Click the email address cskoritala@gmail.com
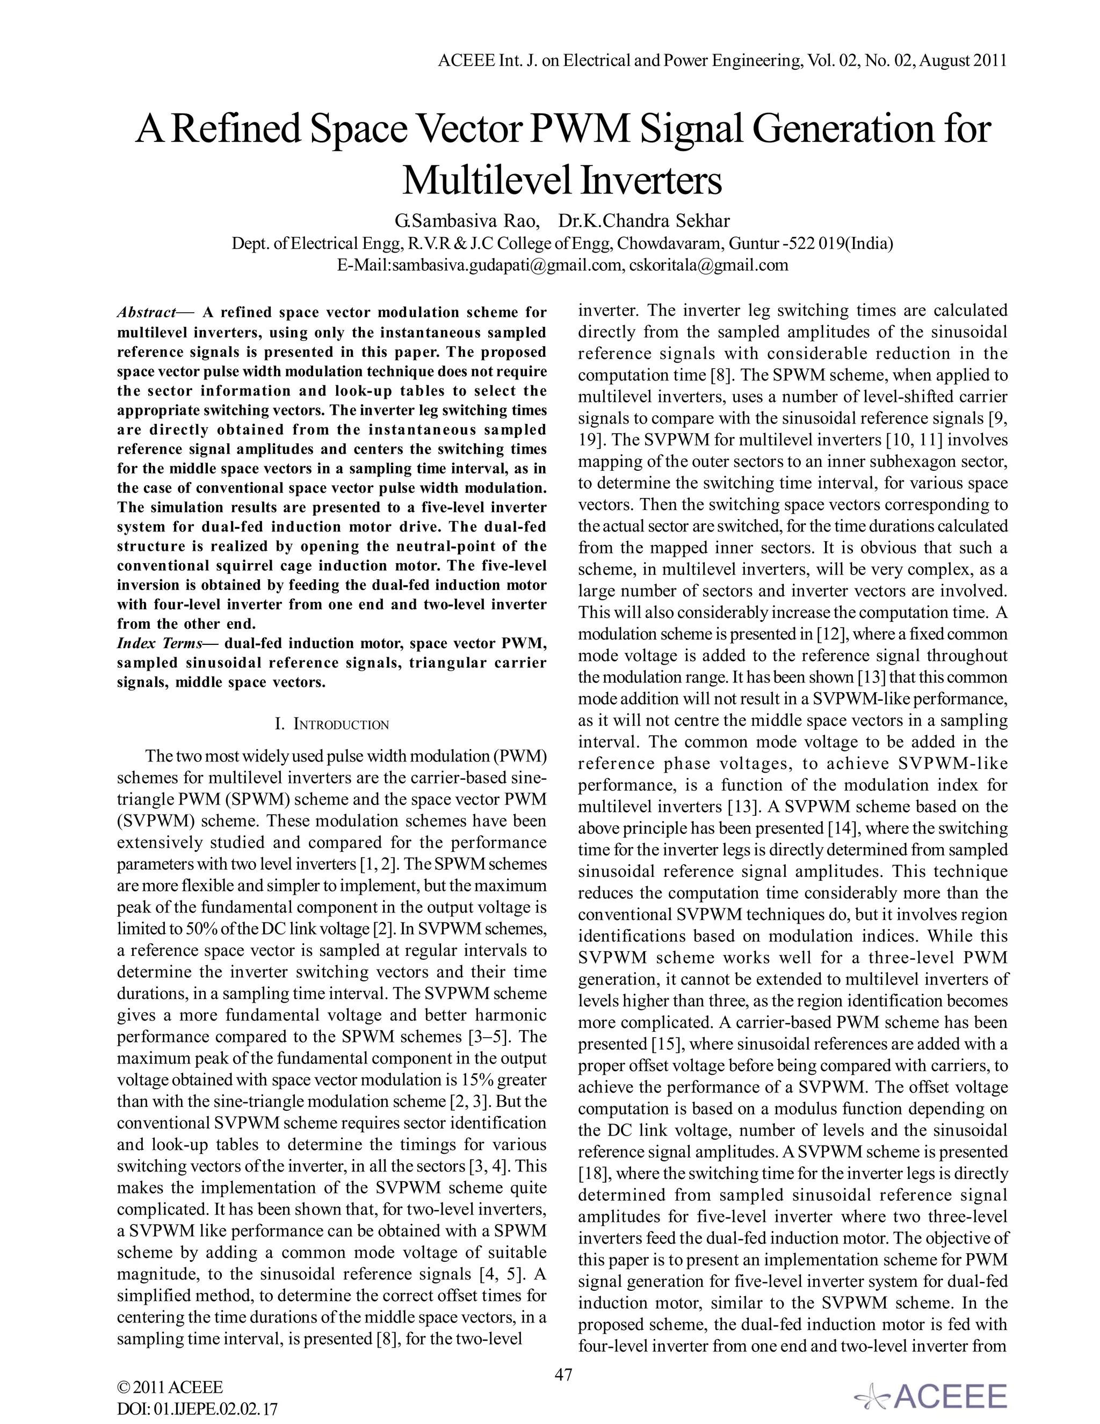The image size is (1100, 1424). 709,265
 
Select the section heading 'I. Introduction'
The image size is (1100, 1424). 332,724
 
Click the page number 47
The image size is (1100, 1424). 563,1375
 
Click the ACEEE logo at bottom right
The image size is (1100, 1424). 932,1396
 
